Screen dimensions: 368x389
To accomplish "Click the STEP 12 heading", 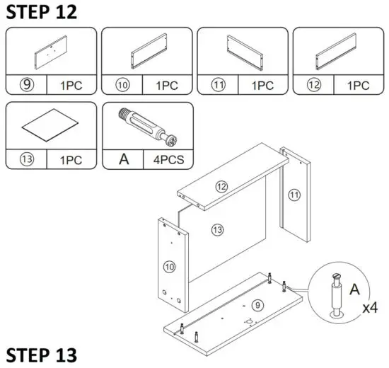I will click(42, 12).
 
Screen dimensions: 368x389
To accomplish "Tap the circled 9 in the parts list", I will click(25, 85).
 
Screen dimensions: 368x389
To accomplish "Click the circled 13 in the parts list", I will click(25, 159).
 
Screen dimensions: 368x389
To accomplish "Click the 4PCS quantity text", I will click(168, 159).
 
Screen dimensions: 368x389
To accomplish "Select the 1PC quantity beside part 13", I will click(72, 159).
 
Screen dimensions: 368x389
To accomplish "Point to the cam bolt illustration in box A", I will click(148, 126).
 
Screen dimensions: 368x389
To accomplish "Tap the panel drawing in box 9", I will click(51, 52).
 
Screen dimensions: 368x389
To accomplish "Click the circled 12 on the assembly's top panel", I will click(221, 187).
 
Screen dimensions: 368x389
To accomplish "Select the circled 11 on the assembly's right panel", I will click(294, 192).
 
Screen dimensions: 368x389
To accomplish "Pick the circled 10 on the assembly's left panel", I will click(170, 267).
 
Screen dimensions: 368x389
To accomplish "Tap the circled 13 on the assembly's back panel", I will click(218, 229).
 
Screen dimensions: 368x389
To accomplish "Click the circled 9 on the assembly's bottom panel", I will click(257, 305).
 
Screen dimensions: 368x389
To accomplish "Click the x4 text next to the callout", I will click(369, 309).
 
